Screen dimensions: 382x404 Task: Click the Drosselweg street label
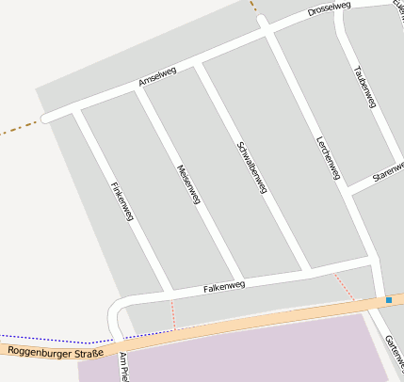pos(329,10)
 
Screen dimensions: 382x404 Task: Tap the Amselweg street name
pos(157,79)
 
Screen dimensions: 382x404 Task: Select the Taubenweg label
pos(364,87)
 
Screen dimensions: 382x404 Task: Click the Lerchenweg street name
pos(328,156)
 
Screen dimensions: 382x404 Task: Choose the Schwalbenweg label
pos(252,168)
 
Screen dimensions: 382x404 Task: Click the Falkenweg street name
pos(224,286)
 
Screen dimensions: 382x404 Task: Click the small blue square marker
pos(388,300)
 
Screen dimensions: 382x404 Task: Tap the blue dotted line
pos(47,339)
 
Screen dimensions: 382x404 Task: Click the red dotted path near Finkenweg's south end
pos(173,313)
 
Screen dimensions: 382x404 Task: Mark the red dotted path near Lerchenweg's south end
pos(344,286)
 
